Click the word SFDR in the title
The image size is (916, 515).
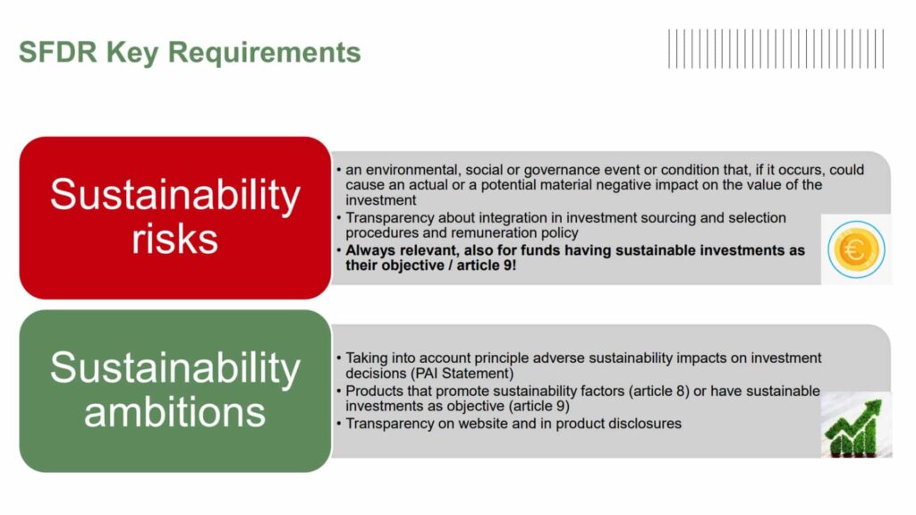click(x=58, y=52)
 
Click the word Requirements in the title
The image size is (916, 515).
click(x=264, y=53)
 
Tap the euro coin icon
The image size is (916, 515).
click(x=856, y=249)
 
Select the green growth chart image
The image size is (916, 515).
click(x=856, y=425)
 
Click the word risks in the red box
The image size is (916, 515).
click(x=174, y=239)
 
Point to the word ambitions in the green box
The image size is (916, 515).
click(x=174, y=412)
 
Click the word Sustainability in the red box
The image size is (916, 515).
click(x=174, y=195)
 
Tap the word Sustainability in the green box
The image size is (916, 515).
click(x=174, y=368)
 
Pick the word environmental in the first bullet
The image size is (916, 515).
click(x=411, y=170)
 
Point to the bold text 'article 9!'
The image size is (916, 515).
click(x=487, y=266)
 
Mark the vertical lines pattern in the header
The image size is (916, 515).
click(x=776, y=49)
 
